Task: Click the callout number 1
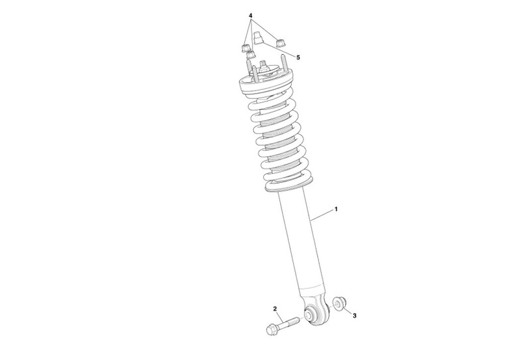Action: [336, 209]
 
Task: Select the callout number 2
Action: [275, 309]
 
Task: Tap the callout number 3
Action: [354, 316]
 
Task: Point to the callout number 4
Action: [251, 16]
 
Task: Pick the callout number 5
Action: [298, 57]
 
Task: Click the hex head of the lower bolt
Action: [271, 329]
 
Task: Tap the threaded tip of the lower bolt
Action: [296, 320]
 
